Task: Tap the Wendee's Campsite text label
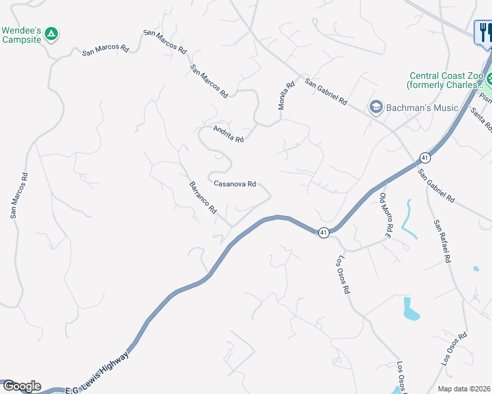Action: tap(22, 35)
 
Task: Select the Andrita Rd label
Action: tap(228, 134)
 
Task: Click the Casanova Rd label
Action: tap(235, 185)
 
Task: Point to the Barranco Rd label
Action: tap(203, 197)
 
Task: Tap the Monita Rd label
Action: tap(285, 96)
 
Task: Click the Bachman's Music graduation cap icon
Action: tap(376, 107)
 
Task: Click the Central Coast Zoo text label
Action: tap(445, 81)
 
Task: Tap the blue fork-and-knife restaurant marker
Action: tap(484, 32)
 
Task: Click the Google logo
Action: tap(21, 386)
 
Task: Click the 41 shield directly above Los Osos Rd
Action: tap(324, 232)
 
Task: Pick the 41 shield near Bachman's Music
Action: tap(426, 158)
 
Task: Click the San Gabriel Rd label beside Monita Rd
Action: tap(326, 91)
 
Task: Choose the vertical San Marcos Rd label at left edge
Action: tap(19, 195)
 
